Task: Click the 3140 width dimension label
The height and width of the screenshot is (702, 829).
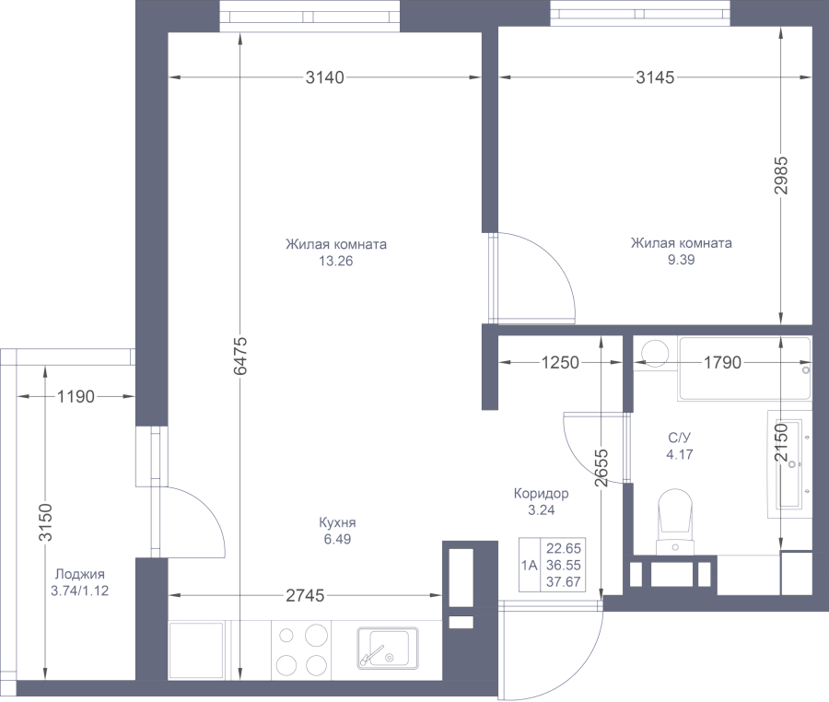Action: tap(324, 78)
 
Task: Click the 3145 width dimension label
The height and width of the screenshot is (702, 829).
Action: tap(655, 78)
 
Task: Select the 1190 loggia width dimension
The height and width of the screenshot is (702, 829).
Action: tap(76, 398)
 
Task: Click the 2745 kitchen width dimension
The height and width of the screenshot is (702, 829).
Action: tap(304, 596)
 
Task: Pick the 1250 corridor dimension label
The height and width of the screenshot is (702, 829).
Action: tap(560, 363)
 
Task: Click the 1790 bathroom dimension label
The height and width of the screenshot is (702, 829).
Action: tap(722, 363)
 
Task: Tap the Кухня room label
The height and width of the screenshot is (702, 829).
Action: tap(337, 523)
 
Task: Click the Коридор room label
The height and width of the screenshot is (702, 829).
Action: tap(541, 494)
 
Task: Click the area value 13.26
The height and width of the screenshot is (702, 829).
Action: tap(336, 261)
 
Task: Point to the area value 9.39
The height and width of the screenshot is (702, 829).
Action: tap(682, 260)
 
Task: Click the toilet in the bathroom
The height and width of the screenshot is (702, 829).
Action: tap(676, 521)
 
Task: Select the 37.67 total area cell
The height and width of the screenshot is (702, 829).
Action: tap(564, 580)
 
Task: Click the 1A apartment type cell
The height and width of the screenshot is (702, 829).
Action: tap(529, 565)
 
